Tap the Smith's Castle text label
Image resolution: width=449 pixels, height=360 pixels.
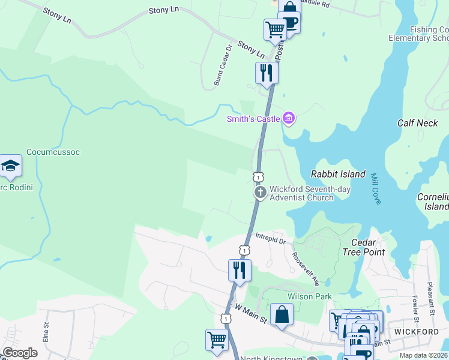pos(253,119)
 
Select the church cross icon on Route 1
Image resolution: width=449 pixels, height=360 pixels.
pos(260,192)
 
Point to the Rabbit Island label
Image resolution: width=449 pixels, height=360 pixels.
pos(338,174)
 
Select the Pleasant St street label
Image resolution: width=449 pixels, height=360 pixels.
pos(430,299)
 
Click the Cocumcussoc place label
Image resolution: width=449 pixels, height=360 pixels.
pos(53,152)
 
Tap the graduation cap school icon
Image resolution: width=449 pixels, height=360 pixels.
pos(10,166)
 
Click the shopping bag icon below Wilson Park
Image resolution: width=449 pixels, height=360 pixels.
pos(282,314)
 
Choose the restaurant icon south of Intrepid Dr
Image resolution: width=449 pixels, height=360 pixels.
pos(240,270)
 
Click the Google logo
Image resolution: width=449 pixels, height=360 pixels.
pos(20,353)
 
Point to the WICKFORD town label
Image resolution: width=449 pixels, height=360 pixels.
pos(416,331)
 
